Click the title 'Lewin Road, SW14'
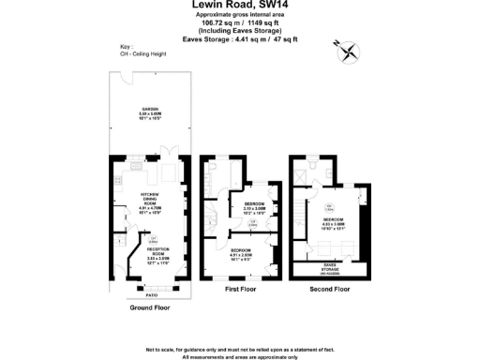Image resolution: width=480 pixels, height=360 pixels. coord(239,6)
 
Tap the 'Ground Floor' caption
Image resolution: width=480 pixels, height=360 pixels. coord(149,306)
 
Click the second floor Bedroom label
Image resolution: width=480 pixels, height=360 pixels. coord(335,220)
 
